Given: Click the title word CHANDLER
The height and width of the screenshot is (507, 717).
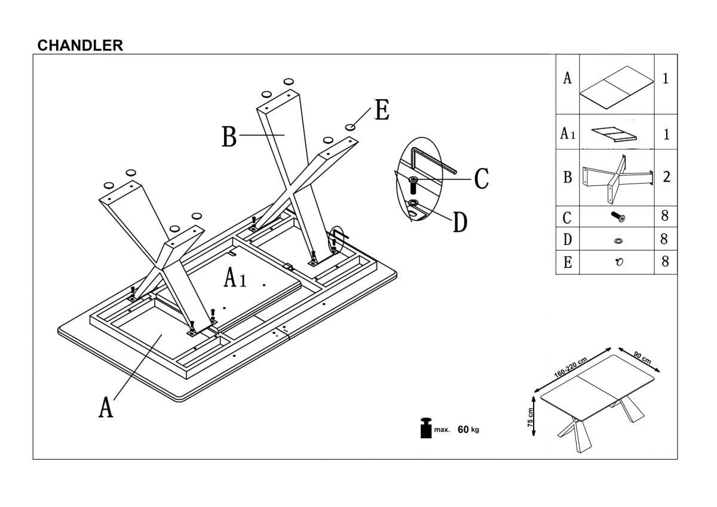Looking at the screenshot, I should (80, 45).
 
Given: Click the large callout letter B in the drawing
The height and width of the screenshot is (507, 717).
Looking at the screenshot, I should (229, 137).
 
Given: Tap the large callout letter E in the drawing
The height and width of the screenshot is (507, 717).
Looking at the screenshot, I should (382, 111).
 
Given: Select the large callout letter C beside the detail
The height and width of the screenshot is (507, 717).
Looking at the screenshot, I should (482, 178).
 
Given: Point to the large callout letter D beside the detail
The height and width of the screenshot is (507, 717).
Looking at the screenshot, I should (459, 222).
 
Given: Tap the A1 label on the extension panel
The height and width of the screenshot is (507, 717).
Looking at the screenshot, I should (235, 278).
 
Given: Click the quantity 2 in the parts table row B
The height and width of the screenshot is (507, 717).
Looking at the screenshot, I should (666, 177).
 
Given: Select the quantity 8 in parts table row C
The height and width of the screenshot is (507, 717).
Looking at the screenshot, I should (665, 216).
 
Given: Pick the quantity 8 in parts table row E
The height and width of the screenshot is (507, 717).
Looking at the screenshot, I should (665, 262).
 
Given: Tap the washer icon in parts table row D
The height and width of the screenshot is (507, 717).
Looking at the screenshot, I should (618, 240).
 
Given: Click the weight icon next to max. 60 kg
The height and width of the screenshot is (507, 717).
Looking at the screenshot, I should (425, 427).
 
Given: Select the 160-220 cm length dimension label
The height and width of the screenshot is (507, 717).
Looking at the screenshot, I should (571, 366).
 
